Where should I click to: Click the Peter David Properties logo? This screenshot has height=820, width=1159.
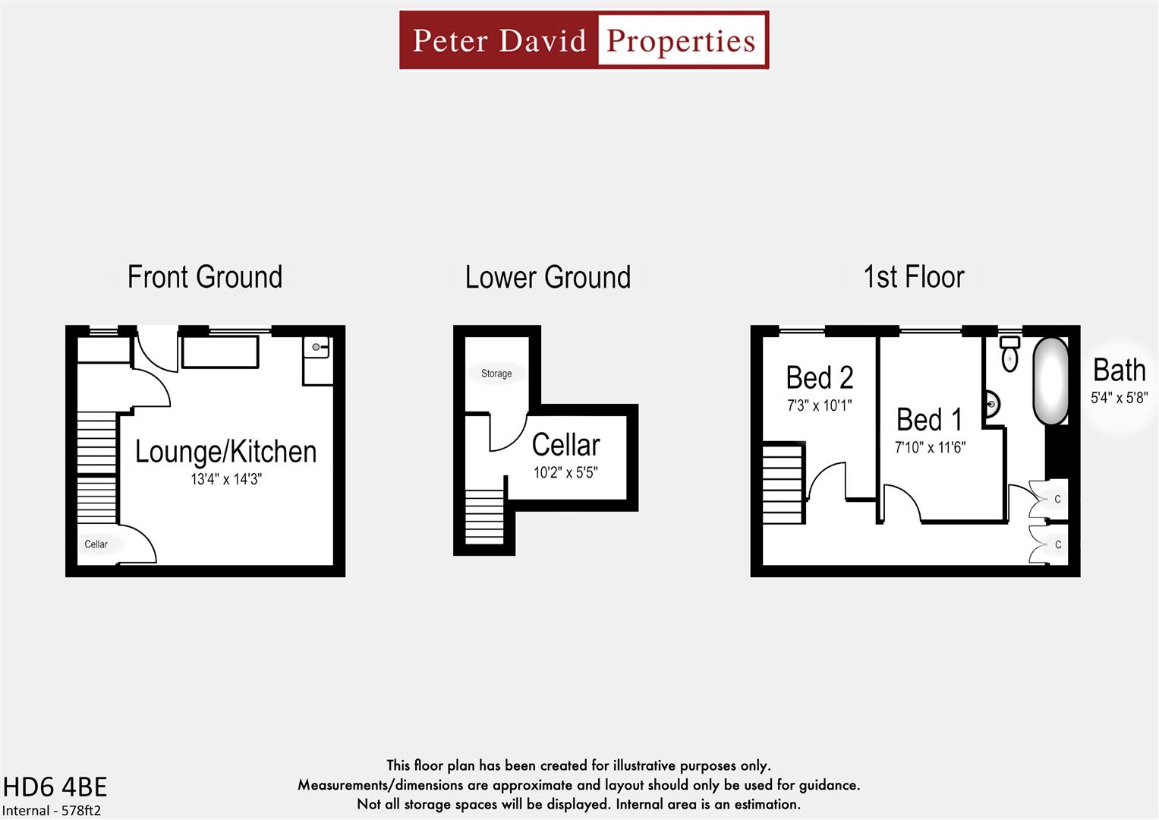584,40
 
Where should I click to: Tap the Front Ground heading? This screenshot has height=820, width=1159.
205,277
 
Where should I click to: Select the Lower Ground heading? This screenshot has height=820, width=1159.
547,278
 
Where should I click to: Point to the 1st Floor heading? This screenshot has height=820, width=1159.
913,277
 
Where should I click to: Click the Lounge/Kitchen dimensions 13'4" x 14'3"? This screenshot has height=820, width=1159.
226,479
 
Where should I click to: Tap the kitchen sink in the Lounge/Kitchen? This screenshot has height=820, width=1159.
317,348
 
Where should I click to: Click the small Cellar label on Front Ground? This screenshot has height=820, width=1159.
96,544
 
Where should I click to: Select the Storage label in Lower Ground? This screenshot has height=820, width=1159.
496,374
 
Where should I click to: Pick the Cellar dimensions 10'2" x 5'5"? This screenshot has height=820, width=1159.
565,473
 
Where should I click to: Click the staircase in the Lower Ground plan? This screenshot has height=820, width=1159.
484,517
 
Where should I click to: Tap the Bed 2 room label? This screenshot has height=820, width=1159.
819,377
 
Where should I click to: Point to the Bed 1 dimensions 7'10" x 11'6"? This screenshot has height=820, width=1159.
930,448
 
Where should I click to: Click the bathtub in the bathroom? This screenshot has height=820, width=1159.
1050,381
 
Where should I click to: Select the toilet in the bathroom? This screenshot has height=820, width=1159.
1009,354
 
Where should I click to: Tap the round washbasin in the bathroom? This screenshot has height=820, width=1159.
991,404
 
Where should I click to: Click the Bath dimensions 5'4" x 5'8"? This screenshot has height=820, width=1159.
1119,397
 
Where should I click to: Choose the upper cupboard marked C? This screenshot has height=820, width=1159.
1057,500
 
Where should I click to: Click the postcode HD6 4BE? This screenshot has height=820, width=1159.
55,787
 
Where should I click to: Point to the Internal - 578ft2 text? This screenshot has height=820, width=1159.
52,810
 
